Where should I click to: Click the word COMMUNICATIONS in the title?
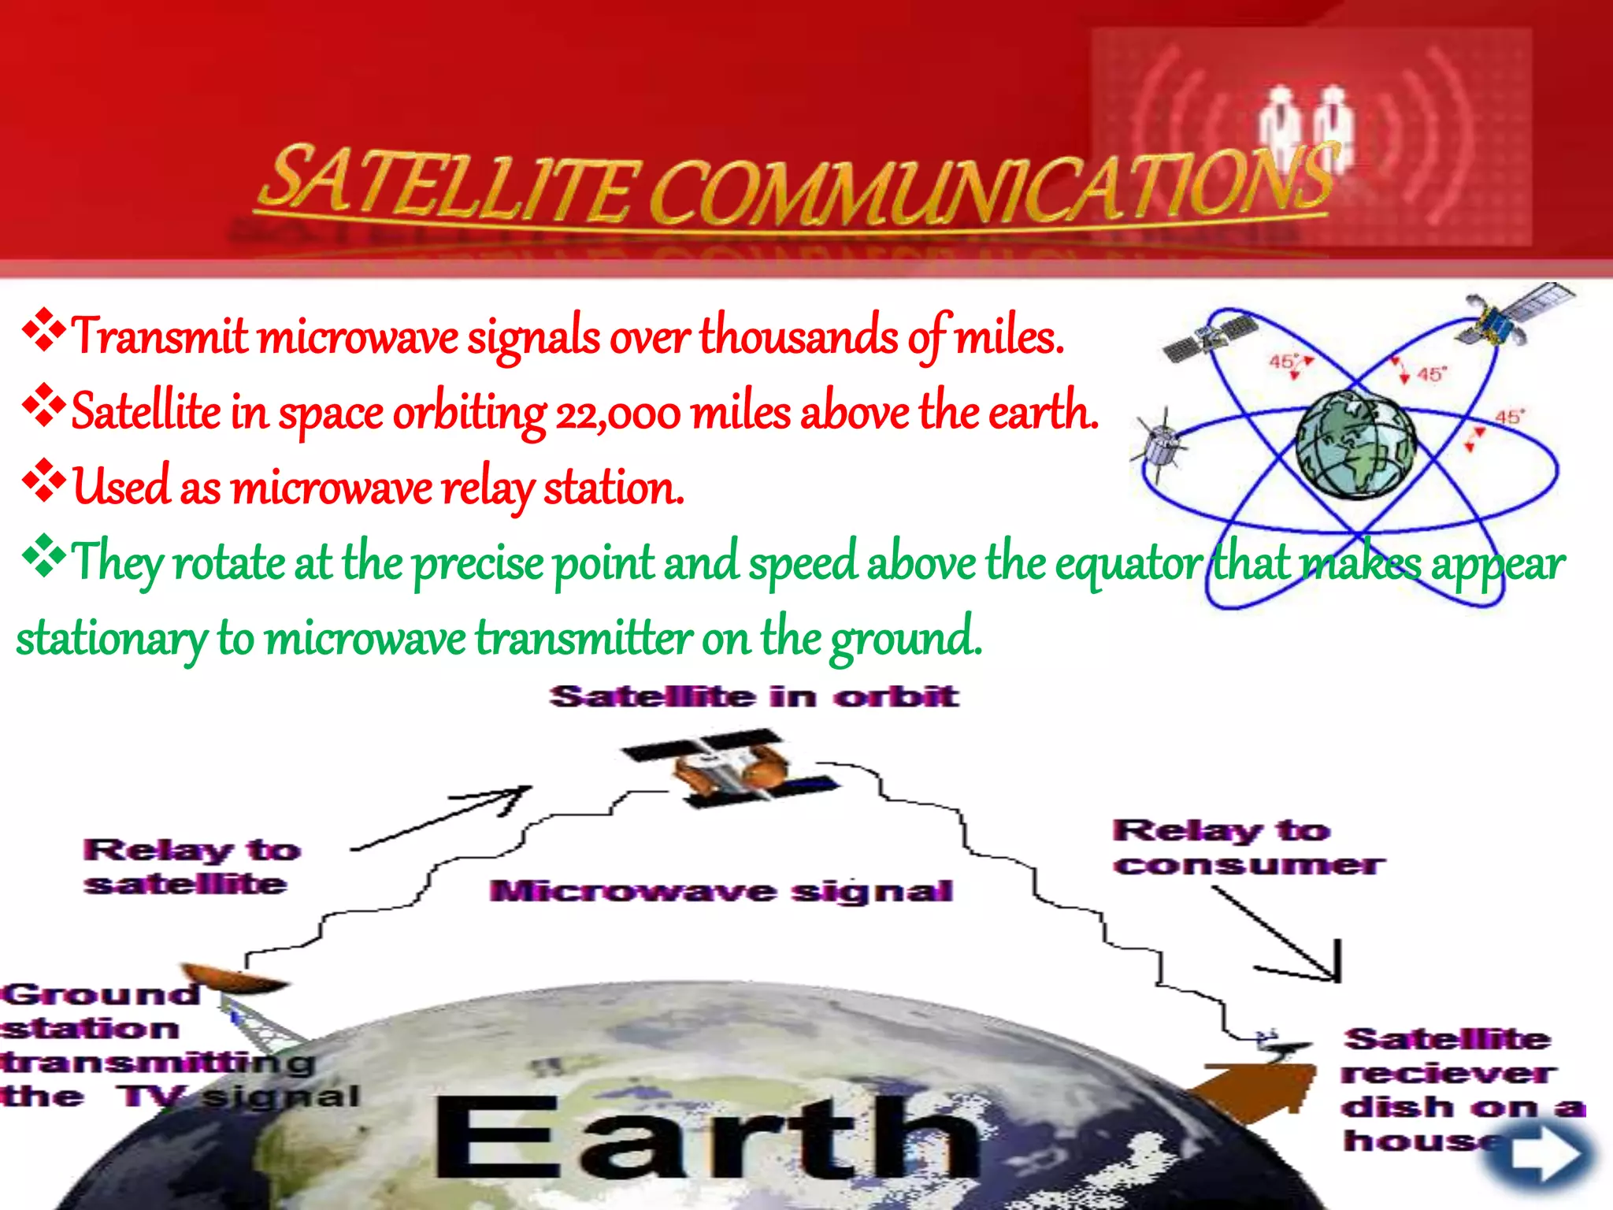992,185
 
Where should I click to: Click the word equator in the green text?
1129,564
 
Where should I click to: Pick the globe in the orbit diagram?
1355,445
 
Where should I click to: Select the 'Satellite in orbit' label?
754,697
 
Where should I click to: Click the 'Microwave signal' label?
721,892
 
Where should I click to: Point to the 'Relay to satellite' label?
191,867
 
